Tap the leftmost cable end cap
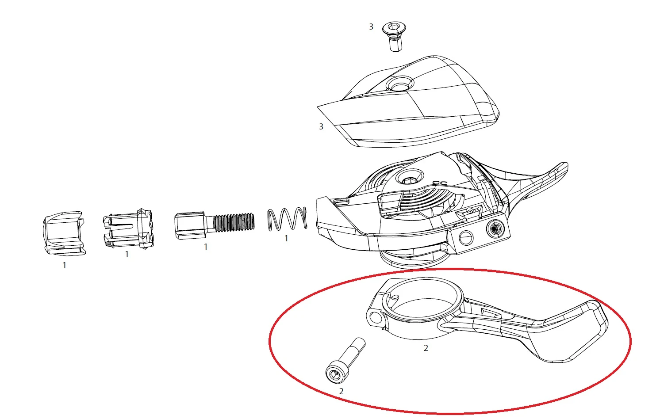pyautogui.click(x=64, y=233)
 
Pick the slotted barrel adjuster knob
pyautogui.click(x=128, y=229)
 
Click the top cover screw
pyautogui.click(x=394, y=36)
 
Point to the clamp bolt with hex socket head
pyautogui.click(x=345, y=361)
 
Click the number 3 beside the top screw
pyautogui.click(x=371, y=27)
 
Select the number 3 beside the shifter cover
pyautogui.click(x=321, y=126)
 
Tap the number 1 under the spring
pyautogui.click(x=286, y=238)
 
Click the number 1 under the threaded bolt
pyautogui.click(x=206, y=247)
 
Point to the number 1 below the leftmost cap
pyautogui.click(x=64, y=265)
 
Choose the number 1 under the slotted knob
pyautogui.click(x=127, y=254)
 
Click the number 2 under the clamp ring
pyautogui.click(x=426, y=348)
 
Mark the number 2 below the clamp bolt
pyautogui.click(x=341, y=391)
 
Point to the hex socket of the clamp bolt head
pyautogui.click(x=335, y=374)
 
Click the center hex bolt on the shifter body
pyautogui.click(x=410, y=177)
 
